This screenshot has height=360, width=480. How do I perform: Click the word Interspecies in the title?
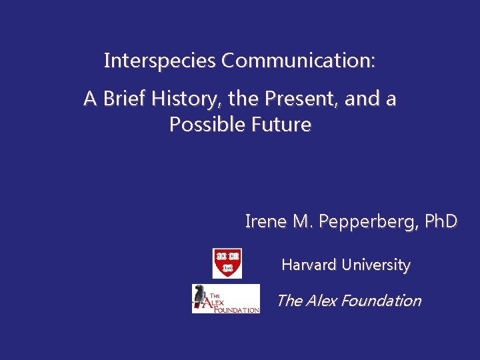pyautogui.click(x=161, y=61)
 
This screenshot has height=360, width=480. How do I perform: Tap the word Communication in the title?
pyautogui.click(x=299, y=61)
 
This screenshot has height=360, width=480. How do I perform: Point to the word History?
pyautogui.click(x=187, y=99)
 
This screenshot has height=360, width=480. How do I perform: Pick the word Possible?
pyautogui.click(x=207, y=125)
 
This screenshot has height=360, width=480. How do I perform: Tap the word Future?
pyautogui.click(x=281, y=125)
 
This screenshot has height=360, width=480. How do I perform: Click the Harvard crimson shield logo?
pyautogui.click(x=227, y=263)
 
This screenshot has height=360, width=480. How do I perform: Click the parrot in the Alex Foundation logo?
pyautogui.click(x=201, y=298)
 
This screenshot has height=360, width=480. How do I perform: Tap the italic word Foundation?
pyautogui.click(x=380, y=301)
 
